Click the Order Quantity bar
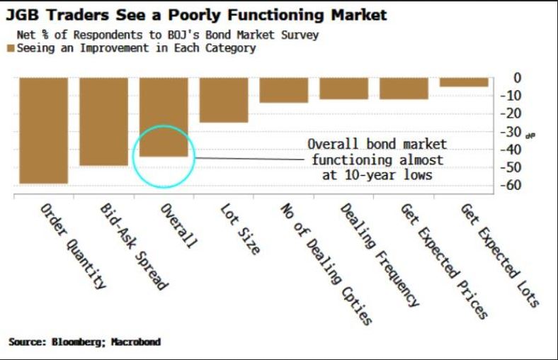tap(43, 130)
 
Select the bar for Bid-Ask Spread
tap(103, 121)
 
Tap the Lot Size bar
tap(224, 100)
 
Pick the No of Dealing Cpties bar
tap(283, 90)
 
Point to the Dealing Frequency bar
tap(343, 88)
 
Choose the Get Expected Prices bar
tap(404, 88)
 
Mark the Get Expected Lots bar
tap(464, 82)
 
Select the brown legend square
tap(10, 49)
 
